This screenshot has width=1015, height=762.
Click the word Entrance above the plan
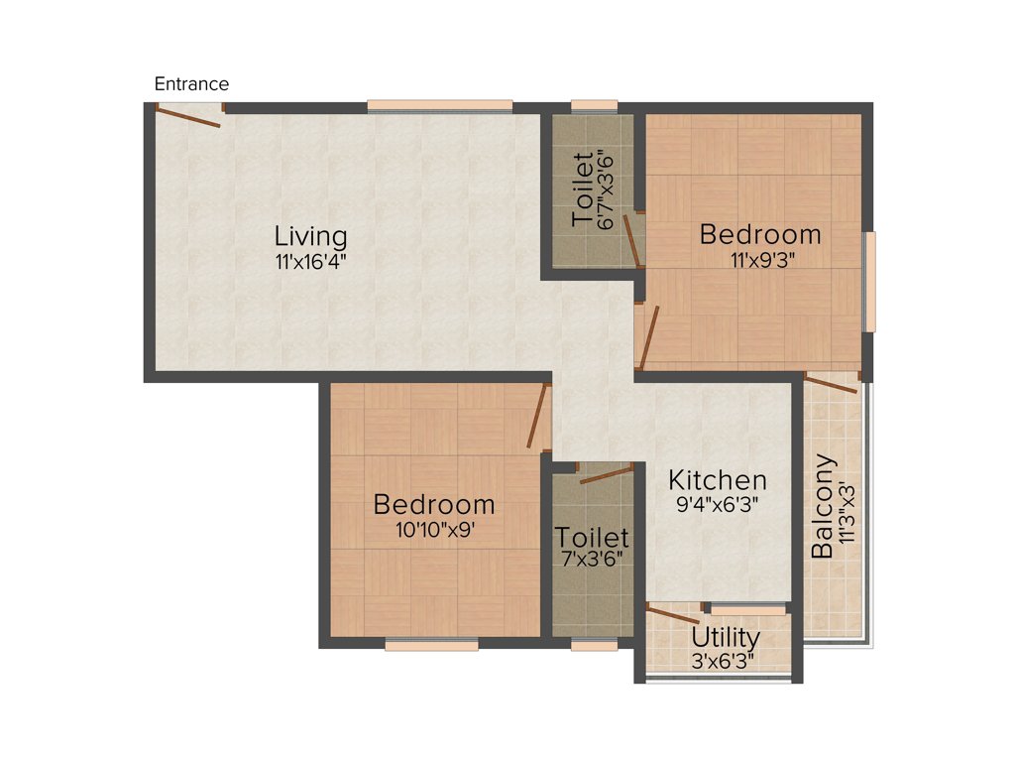(x=191, y=84)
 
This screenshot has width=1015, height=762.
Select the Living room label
(x=311, y=237)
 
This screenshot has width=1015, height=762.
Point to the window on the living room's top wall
(x=440, y=106)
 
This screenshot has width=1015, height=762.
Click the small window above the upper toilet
(x=594, y=106)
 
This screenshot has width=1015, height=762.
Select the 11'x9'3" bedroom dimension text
(x=760, y=261)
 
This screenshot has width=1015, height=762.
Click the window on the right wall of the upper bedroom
(x=869, y=282)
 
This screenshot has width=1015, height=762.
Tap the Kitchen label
(x=717, y=480)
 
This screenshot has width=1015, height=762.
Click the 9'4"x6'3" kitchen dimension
(x=717, y=504)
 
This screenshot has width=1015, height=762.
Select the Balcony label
(x=822, y=507)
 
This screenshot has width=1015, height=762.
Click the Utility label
(x=726, y=637)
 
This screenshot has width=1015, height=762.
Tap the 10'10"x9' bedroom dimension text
(x=434, y=530)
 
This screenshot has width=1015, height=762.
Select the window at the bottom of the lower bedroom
(x=431, y=645)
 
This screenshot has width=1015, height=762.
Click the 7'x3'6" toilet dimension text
(x=592, y=562)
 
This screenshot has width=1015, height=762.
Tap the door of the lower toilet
(x=605, y=474)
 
